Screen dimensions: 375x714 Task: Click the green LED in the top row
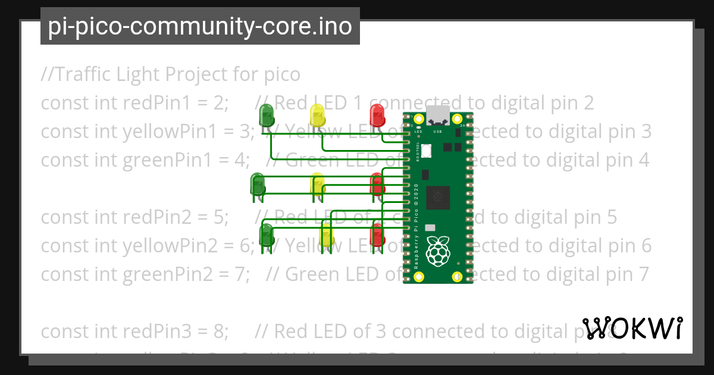[266, 114]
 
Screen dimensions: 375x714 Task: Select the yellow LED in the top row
[317, 114]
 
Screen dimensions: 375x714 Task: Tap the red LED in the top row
[377, 114]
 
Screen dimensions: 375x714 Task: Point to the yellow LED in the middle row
[318, 184]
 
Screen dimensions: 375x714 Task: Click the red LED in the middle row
[377, 183]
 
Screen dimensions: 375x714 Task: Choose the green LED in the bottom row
[267, 235]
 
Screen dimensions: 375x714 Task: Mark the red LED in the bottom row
[377, 235]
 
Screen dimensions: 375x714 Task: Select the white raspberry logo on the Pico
[439, 251]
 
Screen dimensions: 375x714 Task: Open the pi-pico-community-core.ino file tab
[200, 26]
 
